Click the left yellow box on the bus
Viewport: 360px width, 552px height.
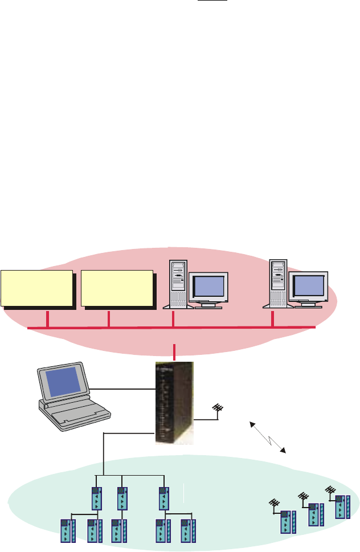point(38,288)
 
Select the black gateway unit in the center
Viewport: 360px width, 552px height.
point(174,402)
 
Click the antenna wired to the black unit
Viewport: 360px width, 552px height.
point(216,409)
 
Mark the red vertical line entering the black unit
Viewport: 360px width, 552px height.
point(174,352)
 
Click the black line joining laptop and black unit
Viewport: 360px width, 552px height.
point(123,390)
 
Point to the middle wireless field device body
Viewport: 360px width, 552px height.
point(313,514)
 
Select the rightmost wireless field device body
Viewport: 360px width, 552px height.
point(341,507)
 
